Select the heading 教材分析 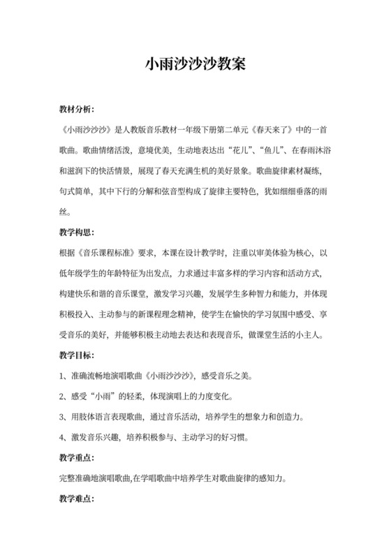click(x=76, y=110)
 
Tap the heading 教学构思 click(x=76, y=231)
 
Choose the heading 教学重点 click(x=76, y=458)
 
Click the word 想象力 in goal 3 click(x=262, y=418)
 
